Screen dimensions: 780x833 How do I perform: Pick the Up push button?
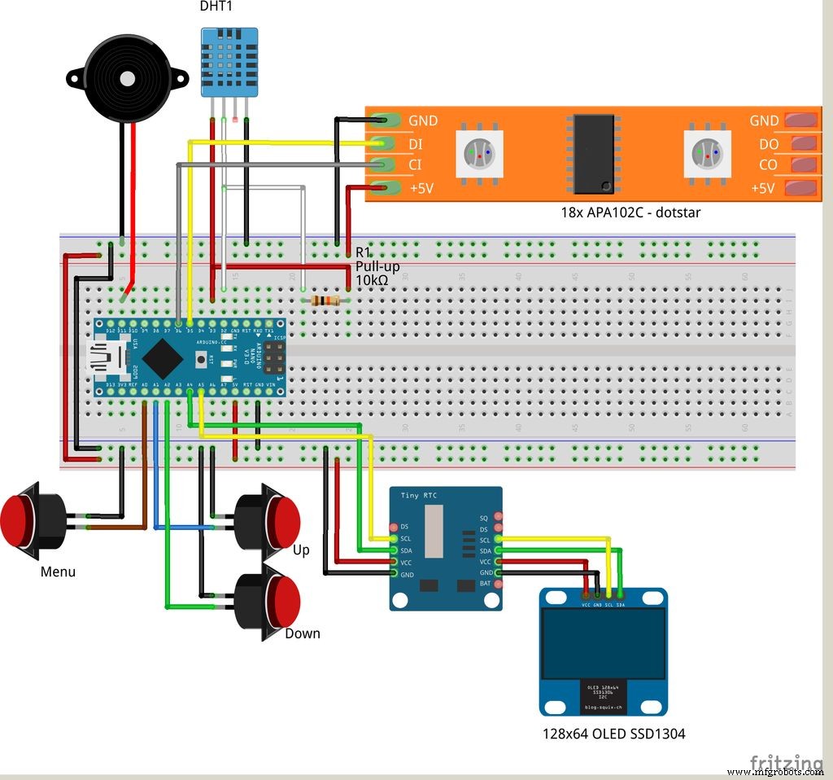[269, 519]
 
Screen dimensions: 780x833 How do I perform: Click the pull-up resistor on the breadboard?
[325, 301]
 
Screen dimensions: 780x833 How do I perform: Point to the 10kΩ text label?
[371, 281]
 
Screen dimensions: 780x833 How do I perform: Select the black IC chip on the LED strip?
[593, 153]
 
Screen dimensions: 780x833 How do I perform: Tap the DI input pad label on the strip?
[416, 143]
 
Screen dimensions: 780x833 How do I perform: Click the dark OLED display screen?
[603, 643]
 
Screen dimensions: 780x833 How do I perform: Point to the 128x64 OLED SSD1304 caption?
[613, 734]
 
